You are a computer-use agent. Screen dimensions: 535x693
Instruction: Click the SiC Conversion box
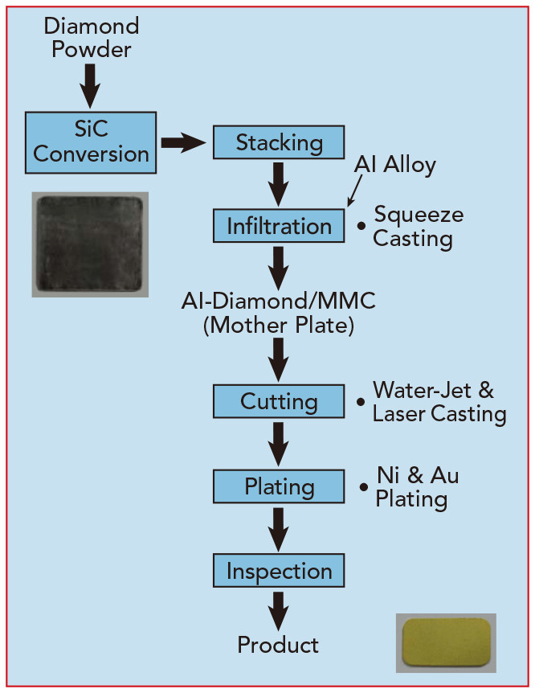point(91,142)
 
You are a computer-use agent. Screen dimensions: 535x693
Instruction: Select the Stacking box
point(279,142)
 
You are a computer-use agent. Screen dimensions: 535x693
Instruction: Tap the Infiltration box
point(279,226)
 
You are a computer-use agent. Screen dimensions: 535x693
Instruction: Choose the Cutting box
point(279,401)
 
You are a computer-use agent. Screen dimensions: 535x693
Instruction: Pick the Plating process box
point(279,486)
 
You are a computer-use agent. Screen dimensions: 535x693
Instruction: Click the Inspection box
point(279,571)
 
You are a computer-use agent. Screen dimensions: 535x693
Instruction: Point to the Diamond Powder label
point(91,38)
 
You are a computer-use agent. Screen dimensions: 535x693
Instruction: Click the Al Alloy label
point(395,165)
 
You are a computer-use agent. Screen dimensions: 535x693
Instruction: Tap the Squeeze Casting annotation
point(418,228)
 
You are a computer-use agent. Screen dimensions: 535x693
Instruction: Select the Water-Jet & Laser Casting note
point(439,402)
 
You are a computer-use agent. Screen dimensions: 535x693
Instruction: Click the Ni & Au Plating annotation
point(417,487)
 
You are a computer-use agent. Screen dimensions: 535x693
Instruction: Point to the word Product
point(278,645)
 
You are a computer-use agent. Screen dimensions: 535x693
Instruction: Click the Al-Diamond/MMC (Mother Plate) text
point(278,314)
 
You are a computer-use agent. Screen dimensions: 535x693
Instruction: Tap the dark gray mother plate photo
point(90,244)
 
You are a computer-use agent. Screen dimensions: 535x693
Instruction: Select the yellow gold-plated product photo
point(446,643)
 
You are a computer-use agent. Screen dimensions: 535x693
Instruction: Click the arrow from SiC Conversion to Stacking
point(183,142)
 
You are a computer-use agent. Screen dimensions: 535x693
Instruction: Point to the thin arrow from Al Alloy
point(355,191)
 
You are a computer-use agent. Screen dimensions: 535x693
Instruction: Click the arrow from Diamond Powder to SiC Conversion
point(90,86)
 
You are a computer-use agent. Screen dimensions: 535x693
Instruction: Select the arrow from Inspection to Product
point(278,611)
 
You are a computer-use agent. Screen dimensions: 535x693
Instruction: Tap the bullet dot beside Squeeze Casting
point(361,226)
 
